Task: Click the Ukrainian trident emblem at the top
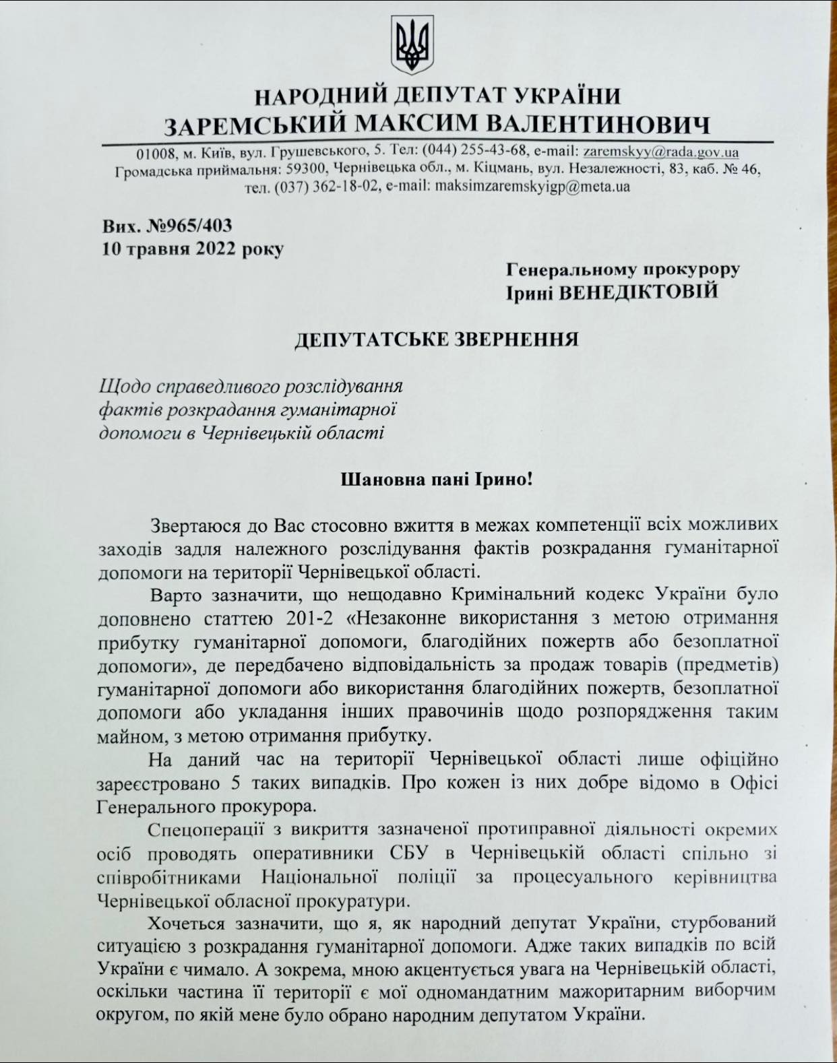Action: [412, 45]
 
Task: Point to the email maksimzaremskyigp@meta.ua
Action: [533, 187]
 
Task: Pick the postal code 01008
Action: [154, 152]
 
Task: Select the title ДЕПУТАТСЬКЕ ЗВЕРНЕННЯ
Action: [437, 340]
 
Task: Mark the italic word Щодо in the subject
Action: [125, 386]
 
